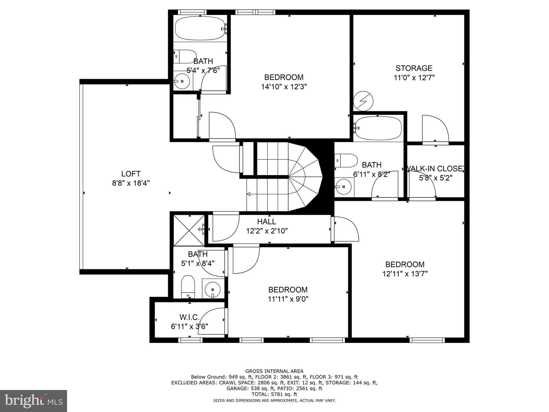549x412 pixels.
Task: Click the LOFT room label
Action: point(131,174)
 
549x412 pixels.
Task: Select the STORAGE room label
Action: point(414,68)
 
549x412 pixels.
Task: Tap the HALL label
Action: point(266,222)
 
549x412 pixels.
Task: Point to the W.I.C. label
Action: point(190,317)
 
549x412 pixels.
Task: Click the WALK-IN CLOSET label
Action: point(435,169)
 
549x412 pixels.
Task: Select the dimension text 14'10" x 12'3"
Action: point(284,87)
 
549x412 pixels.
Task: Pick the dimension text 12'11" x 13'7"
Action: point(405,274)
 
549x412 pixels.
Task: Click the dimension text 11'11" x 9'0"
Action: point(288,299)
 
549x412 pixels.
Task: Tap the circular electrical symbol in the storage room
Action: point(363,102)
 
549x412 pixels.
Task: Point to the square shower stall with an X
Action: point(189,230)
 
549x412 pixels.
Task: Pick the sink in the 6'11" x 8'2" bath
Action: point(343,187)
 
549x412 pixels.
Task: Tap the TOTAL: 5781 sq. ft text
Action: point(274,394)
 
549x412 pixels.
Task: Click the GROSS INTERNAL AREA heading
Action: point(274,371)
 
